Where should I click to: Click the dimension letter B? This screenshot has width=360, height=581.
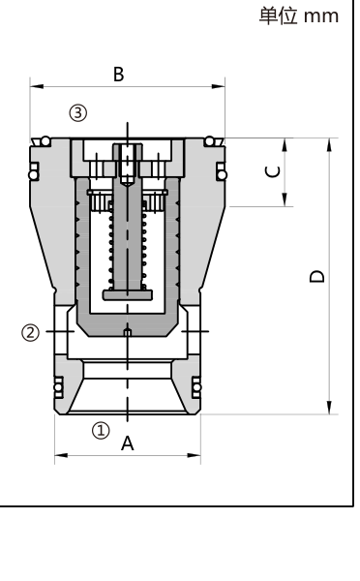point(118,75)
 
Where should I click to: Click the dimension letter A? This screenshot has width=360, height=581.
point(128,443)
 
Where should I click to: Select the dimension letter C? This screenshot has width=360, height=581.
point(273,172)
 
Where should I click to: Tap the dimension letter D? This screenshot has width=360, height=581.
point(317,277)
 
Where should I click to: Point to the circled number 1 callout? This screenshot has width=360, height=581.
point(101,431)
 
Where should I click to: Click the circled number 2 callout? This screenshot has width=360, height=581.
point(30,332)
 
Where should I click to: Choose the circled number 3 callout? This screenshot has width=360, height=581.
point(78,112)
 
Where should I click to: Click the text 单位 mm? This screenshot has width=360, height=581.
point(298,16)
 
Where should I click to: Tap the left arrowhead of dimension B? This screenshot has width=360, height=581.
point(37,87)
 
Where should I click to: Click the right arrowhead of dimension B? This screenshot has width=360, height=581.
point(218,87)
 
